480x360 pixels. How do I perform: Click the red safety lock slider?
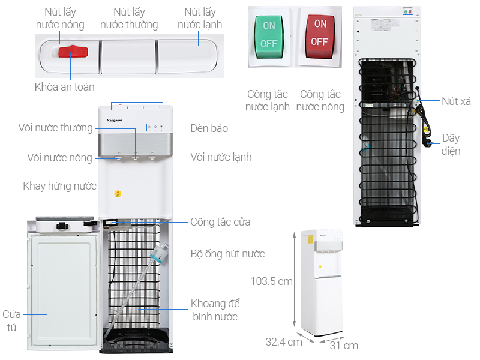[x=73, y=52]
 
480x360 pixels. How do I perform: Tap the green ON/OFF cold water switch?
[x=269, y=35]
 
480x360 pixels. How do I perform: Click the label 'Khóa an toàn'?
[x=64, y=87]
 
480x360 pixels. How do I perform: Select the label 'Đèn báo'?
[x=209, y=128]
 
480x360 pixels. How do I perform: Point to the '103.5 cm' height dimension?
[x=272, y=280]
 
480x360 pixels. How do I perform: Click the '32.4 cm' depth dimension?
[x=284, y=342]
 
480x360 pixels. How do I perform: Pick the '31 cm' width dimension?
[x=343, y=345]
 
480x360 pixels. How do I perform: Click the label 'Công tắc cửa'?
[x=220, y=222]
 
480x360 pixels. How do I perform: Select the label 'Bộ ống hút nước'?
[x=227, y=254]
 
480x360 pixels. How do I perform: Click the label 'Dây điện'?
[x=451, y=145]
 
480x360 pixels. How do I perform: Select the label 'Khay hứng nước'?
[x=60, y=186]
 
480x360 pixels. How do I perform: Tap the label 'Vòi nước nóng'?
[x=59, y=158]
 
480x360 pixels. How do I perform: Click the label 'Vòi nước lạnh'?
[x=221, y=157]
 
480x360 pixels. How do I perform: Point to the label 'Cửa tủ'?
[x=12, y=321]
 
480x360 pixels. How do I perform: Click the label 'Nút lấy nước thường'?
[x=129, y=18]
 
